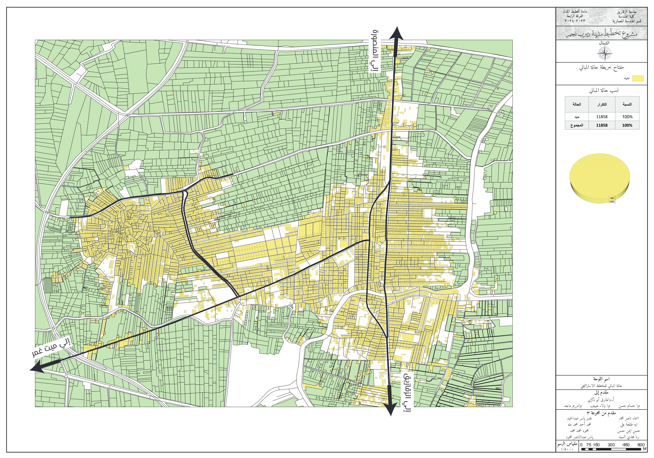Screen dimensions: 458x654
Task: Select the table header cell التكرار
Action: (x=602, y=104)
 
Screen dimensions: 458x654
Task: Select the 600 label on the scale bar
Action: (x=641, y=445)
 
